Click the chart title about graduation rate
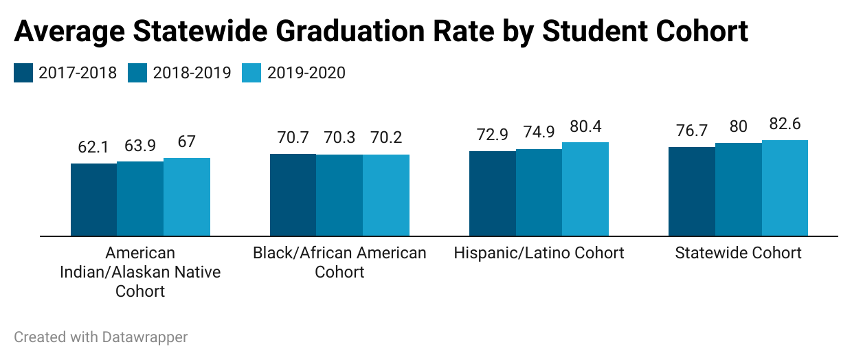(x=381, y=31)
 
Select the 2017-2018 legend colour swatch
(x=23, y=72)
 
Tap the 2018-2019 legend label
(x=192, y=72)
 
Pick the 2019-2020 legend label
(x=306, y=72)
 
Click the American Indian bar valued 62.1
(x=94, y=199)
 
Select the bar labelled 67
(x=187, y=196)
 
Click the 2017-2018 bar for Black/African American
(x=293, y=194)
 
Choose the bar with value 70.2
(x=386, y=195)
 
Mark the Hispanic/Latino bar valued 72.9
(x=492, y=193)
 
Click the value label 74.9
(x=539, y=133)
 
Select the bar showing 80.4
(x=585, y=189)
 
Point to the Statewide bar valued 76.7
(x=691, y=191)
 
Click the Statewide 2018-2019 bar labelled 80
(x=738, y=189)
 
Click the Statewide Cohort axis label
(x=738, y=253)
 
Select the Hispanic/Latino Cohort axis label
(x=539, y=253)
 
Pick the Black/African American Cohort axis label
(x=339, y=262)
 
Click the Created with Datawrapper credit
(x=101, y=337)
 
